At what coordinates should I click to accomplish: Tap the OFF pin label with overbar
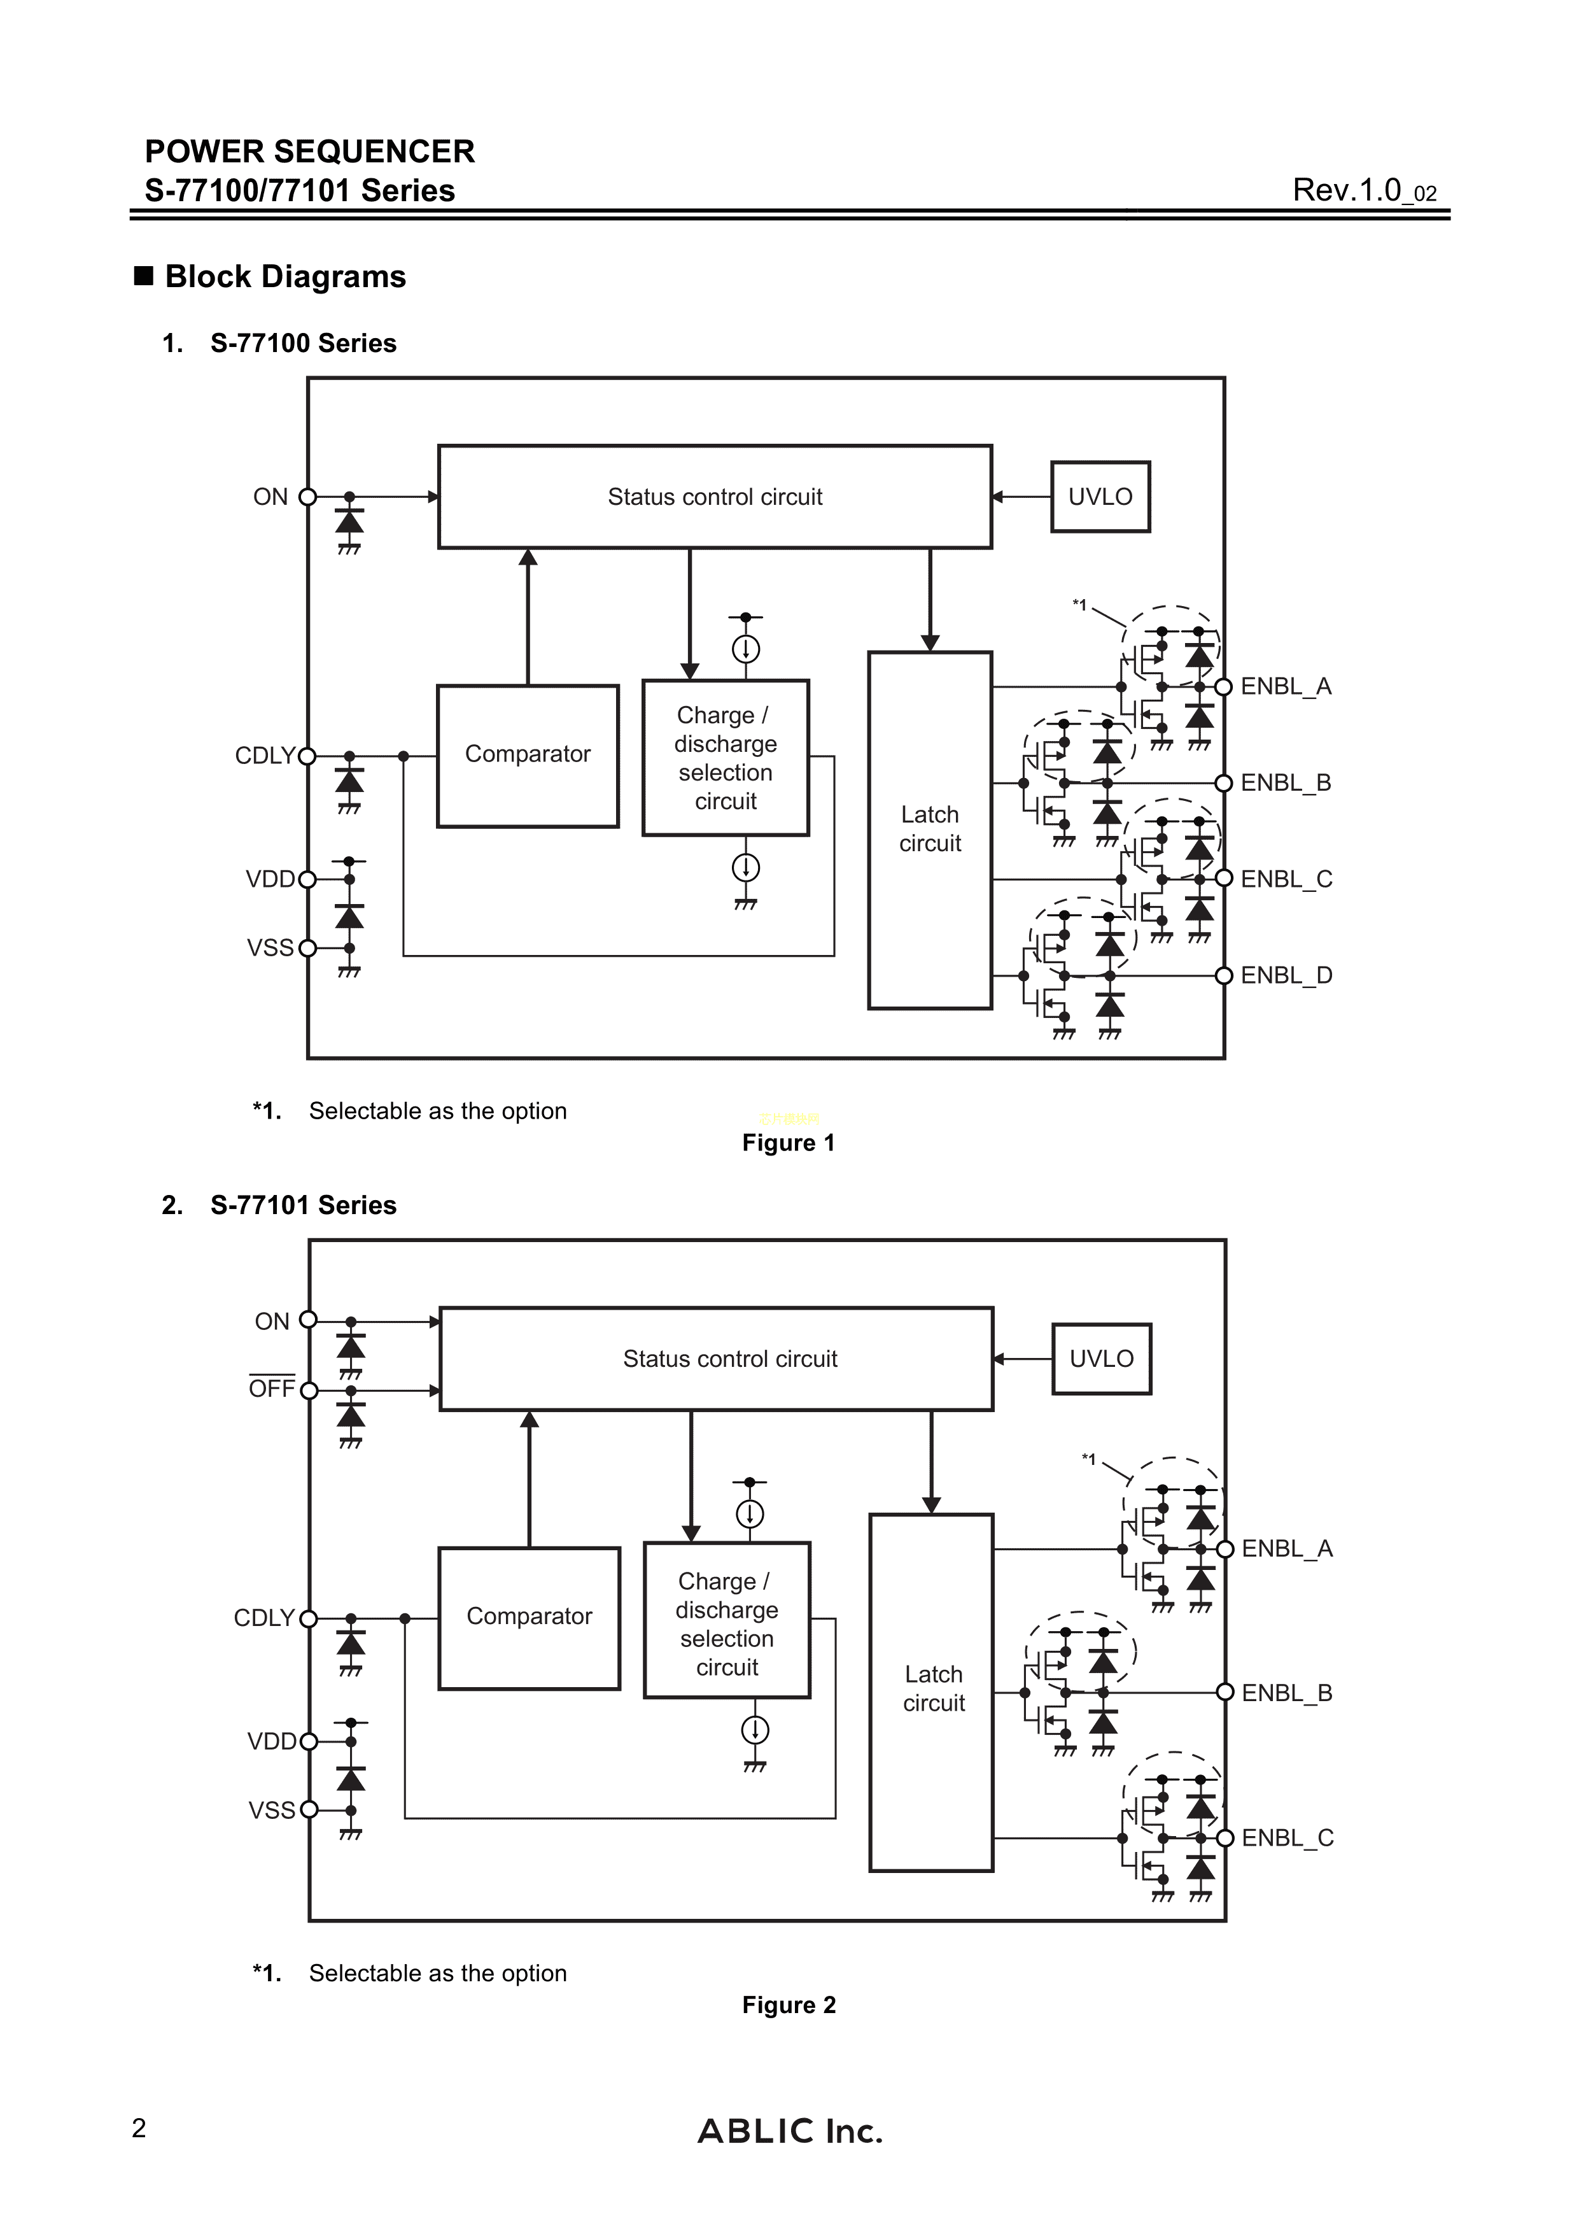[271, 1389]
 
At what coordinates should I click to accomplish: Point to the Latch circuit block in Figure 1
[929, 830]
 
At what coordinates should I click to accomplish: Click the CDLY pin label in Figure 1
[265, 755]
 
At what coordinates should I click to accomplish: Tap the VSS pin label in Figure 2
[271, 1810]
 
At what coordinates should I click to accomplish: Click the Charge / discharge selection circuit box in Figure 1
[726, 758]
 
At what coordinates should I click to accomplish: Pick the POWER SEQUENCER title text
[309, 152]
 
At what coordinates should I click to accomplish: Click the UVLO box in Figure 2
[1101, 1359]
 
